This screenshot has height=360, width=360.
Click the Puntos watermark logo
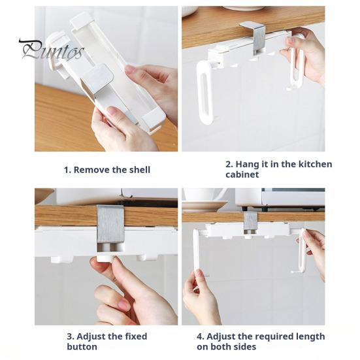pyautogui.click(x=52, y=50)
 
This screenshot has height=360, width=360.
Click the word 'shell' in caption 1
pyautogui.click(x=140, y=170)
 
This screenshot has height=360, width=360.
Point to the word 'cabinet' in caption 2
pyautogui.click(x=242, y=174)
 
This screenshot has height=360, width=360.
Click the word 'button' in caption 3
pyautogui.click(x=82, y=347)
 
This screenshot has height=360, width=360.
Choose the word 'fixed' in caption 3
pyautogui.click(x=136, y=336)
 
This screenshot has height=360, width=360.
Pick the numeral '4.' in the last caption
pyautogui.click(x=200, y=336)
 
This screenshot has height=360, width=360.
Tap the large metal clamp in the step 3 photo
pyautogui.click(x=110, y=225)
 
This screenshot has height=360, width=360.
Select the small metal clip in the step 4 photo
pyautogui.click(x=250, y=221)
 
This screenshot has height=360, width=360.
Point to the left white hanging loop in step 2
pyautogui.click(x=205, y=92)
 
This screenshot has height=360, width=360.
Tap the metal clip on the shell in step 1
pyautogui.click(x=97, y=86)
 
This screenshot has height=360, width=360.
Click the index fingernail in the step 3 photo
pyautogui.click(x=125, y=306)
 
